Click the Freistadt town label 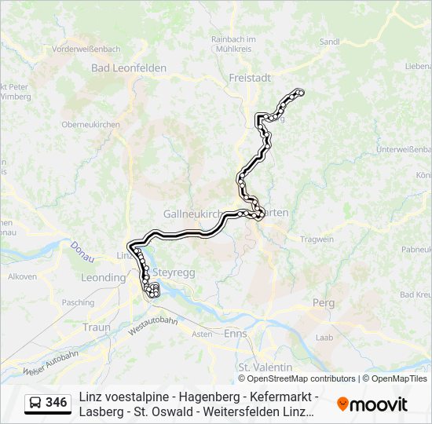coord(250,78)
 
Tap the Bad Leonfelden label coord(129,68)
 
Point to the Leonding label coord(103,278)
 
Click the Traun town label coord(96,327)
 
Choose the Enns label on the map coord(235,334)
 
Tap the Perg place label coord(323,302)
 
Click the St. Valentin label coord(265,367)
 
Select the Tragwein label coord(317,239)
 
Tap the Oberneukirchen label coord(90,124)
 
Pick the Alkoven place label coord(22,276)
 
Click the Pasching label coord(78,302)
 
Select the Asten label coord(202,334)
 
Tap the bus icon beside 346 coord(35,403)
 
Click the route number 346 coord(57,403)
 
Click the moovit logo coord(372,404)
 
